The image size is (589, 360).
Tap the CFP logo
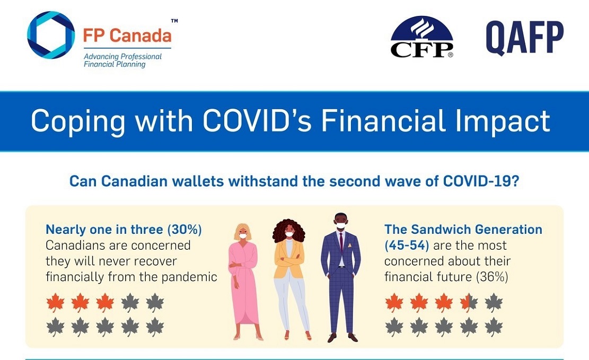421,37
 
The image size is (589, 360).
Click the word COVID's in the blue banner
257,121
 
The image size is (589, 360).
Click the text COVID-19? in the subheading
481,181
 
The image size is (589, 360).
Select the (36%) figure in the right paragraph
491,277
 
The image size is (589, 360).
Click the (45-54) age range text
407,245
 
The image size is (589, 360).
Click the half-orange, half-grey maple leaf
469,303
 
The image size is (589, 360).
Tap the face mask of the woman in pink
243,236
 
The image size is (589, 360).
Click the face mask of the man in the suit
341,225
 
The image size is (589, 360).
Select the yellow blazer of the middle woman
288,259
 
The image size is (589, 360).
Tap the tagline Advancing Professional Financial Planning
122,60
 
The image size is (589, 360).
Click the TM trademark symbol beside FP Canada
174,21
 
